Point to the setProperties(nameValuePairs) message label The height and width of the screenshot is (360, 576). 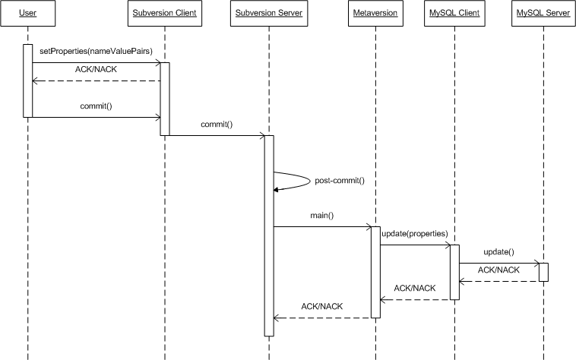(96, 51)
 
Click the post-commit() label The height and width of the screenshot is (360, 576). (340, 181)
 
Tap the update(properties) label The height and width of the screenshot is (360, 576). (415, 232)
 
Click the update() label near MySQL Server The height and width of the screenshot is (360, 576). (498, 251)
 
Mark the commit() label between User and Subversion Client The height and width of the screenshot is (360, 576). (96, 106)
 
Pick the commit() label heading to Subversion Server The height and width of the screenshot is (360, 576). (217, 124)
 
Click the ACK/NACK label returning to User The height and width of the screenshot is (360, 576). (97, 69)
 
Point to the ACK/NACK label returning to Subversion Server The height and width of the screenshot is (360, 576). (322, 306)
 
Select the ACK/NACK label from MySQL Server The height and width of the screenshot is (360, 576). (498, 270)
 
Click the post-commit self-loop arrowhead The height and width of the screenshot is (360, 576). (277, 189)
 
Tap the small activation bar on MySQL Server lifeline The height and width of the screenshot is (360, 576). (544, 272)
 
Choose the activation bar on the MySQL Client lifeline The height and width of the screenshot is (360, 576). (454, 271)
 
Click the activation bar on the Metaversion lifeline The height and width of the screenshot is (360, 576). (375, 271)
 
